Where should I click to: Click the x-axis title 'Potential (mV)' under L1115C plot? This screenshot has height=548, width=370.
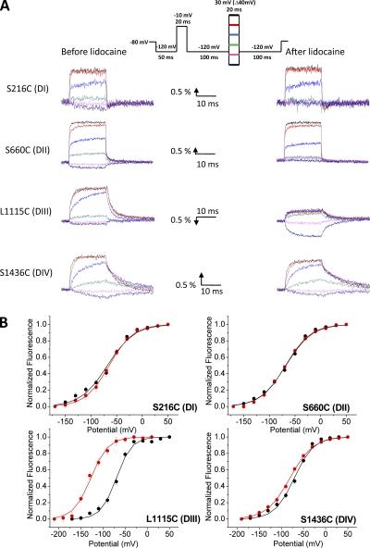tap(109, 542)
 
